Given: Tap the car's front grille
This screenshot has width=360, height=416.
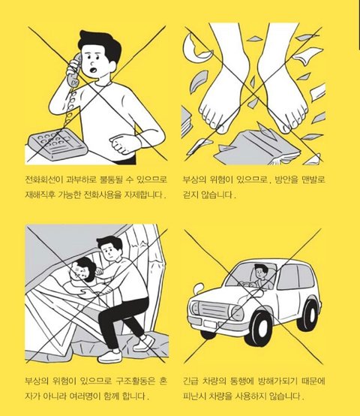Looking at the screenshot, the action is coord(213,309).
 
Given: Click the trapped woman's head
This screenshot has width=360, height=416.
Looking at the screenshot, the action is coord(82,269).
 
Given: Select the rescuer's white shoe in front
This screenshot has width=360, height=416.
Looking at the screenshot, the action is coord(110,356).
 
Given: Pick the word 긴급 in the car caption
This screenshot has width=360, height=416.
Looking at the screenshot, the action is coord(190,381).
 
